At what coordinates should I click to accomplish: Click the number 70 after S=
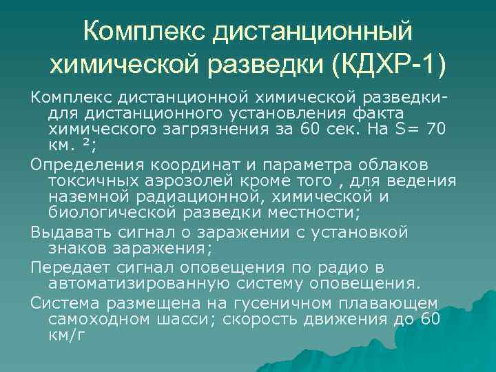435,129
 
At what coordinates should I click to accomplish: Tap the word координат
183,164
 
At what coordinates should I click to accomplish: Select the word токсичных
89,180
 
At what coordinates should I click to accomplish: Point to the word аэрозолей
180,180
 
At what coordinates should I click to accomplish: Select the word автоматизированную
138,283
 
